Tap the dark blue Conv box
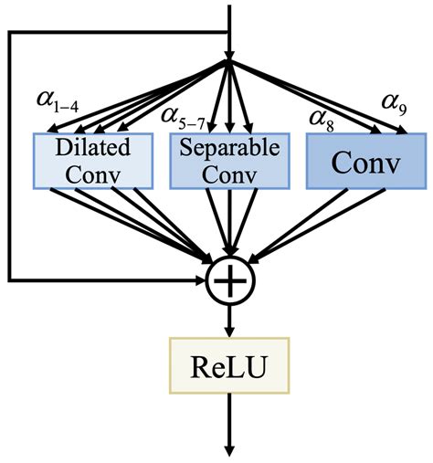coord(365,161)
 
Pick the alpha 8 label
coord(321,116)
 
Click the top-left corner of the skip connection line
coord(9,32)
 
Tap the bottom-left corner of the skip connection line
coord(9,277)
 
